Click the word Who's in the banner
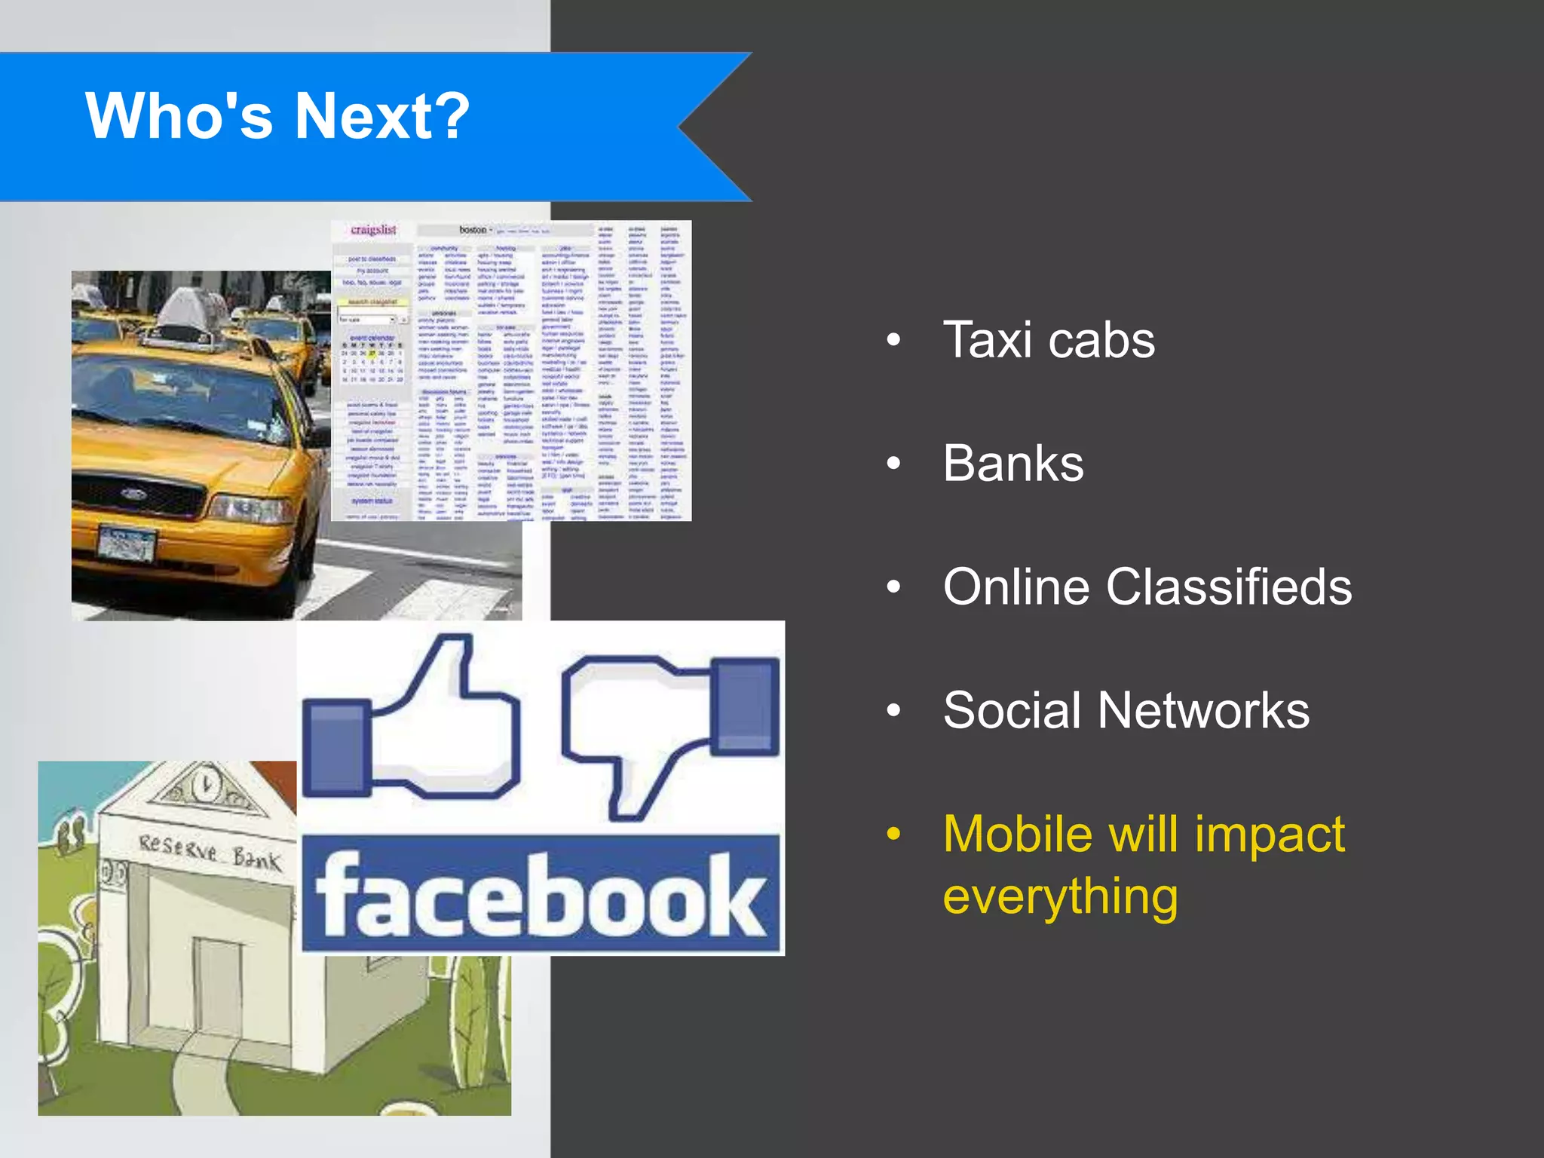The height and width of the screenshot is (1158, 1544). point(179,116)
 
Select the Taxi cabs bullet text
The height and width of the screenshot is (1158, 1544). point(1048,340)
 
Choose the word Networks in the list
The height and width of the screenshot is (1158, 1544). point(1203,710)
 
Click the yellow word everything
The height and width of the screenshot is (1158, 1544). point(1060,896)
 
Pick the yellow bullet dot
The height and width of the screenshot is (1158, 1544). point(893,834)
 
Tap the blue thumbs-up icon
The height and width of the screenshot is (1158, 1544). point(411,724)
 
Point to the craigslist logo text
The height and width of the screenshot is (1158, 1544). point(374,230)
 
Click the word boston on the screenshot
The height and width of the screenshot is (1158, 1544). point(473,230)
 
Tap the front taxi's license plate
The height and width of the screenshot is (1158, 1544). point(127,543)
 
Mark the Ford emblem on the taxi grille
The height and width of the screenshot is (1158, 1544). point(134,495)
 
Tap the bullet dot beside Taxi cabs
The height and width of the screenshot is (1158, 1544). point(893,340)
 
